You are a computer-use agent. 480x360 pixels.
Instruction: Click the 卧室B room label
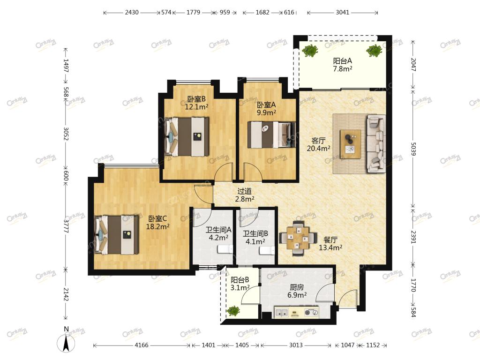[196, 99]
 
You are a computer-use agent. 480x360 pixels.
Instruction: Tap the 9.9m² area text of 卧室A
[266, 112]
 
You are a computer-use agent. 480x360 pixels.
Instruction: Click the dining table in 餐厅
[298, 238]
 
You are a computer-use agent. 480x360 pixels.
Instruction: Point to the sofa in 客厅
[376, 143]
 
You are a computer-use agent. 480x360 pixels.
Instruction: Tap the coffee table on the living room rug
[350, 144]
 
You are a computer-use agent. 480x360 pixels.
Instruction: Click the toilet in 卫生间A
[225, 249]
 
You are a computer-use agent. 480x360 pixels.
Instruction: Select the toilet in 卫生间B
[267, 250]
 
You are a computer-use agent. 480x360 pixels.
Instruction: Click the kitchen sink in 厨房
[282, 313]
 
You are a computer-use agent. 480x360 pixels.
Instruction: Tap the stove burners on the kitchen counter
[311, 313]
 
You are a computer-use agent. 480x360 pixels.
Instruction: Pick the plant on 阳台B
[233, 311]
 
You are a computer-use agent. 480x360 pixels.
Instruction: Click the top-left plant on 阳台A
[310, 51]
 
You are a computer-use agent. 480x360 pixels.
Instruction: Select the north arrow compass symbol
[66, 343]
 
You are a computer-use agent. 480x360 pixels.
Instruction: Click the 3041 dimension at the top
[342, 12]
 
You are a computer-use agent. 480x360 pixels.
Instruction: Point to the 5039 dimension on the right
[413, 149]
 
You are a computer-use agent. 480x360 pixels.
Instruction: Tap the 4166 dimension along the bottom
[142, 345]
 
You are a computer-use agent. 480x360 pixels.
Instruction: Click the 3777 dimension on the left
[66, 225]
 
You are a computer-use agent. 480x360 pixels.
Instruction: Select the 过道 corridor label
[244, 191]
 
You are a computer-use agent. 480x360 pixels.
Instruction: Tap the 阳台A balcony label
[343, 60]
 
